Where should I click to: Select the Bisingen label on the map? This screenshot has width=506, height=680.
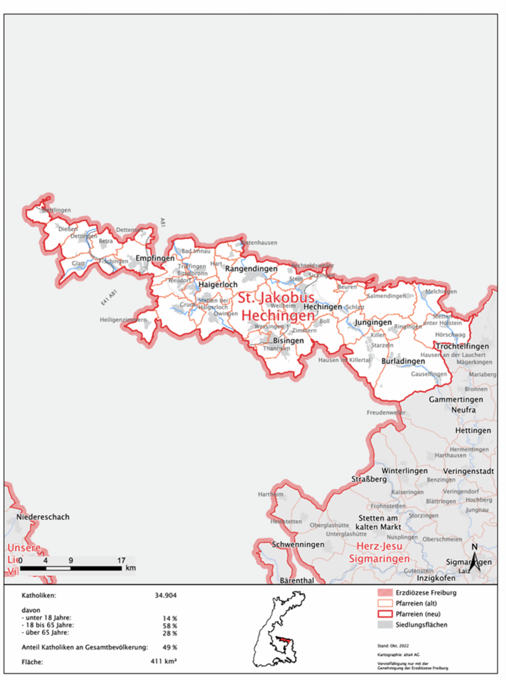[288, 340]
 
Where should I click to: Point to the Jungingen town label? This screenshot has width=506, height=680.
[373, 322]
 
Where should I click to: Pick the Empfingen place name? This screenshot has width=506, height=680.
[151, 258]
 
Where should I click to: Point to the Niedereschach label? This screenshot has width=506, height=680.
[43, 517]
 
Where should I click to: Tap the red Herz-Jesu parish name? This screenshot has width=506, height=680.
[378, 546]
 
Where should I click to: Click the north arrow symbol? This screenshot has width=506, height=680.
[474, 559]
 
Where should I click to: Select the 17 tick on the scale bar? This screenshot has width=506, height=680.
[121, 560]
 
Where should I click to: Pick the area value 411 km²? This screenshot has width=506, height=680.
[165, 662]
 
